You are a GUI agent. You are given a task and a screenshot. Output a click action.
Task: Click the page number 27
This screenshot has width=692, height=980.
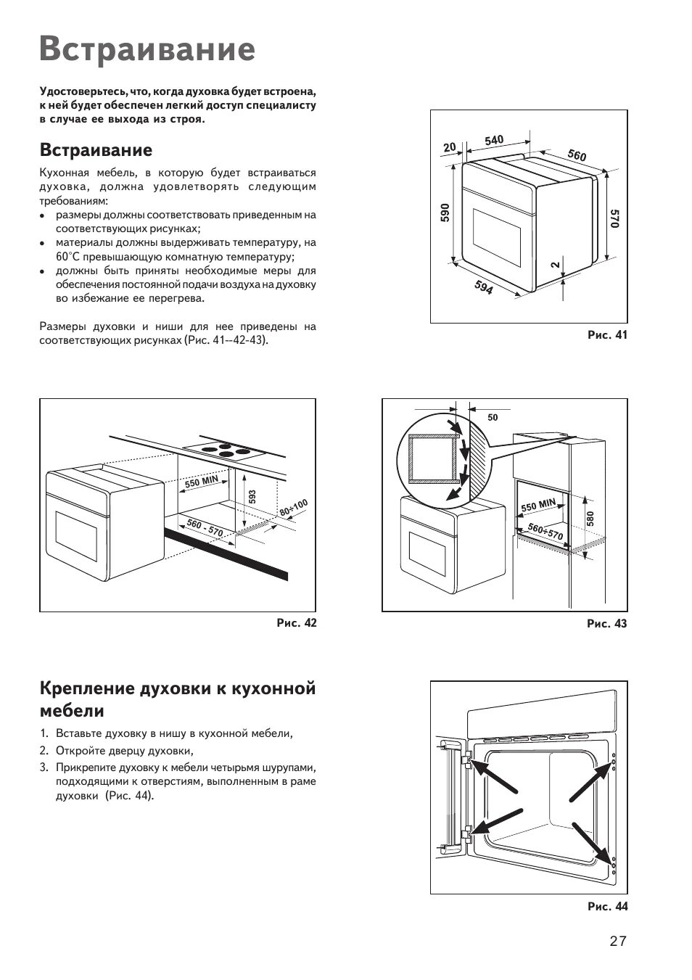pyautogui.click(x=617, y=942)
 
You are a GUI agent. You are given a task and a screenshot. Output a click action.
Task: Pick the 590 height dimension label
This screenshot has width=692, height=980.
pyautogui.click(x=445, y=213)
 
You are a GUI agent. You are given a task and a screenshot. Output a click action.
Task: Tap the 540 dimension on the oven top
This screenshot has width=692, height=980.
pyautogui.click(x=494, y=140)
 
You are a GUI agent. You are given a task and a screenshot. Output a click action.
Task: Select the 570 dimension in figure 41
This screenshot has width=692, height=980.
pyautogui.click(x=614, y=219)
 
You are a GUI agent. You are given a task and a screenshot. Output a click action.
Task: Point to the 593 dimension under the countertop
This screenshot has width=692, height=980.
pyautogui.click(x=252, y=497)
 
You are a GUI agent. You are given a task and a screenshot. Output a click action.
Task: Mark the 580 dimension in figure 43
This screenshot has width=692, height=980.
pyautogui.click(x=590, y=519)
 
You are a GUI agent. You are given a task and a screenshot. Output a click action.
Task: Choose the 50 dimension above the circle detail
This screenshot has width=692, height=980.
pyautogui.click(x=493, y=417)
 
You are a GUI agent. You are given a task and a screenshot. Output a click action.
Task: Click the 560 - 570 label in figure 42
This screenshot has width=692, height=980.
pyautogui.click(x=205, y=527)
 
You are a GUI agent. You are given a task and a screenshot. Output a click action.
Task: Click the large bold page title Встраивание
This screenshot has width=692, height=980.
pyautogui.click(x=148, y=49)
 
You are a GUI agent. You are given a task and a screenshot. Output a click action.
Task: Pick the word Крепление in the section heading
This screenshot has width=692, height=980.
pyautogui.click(x=85, y=688)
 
